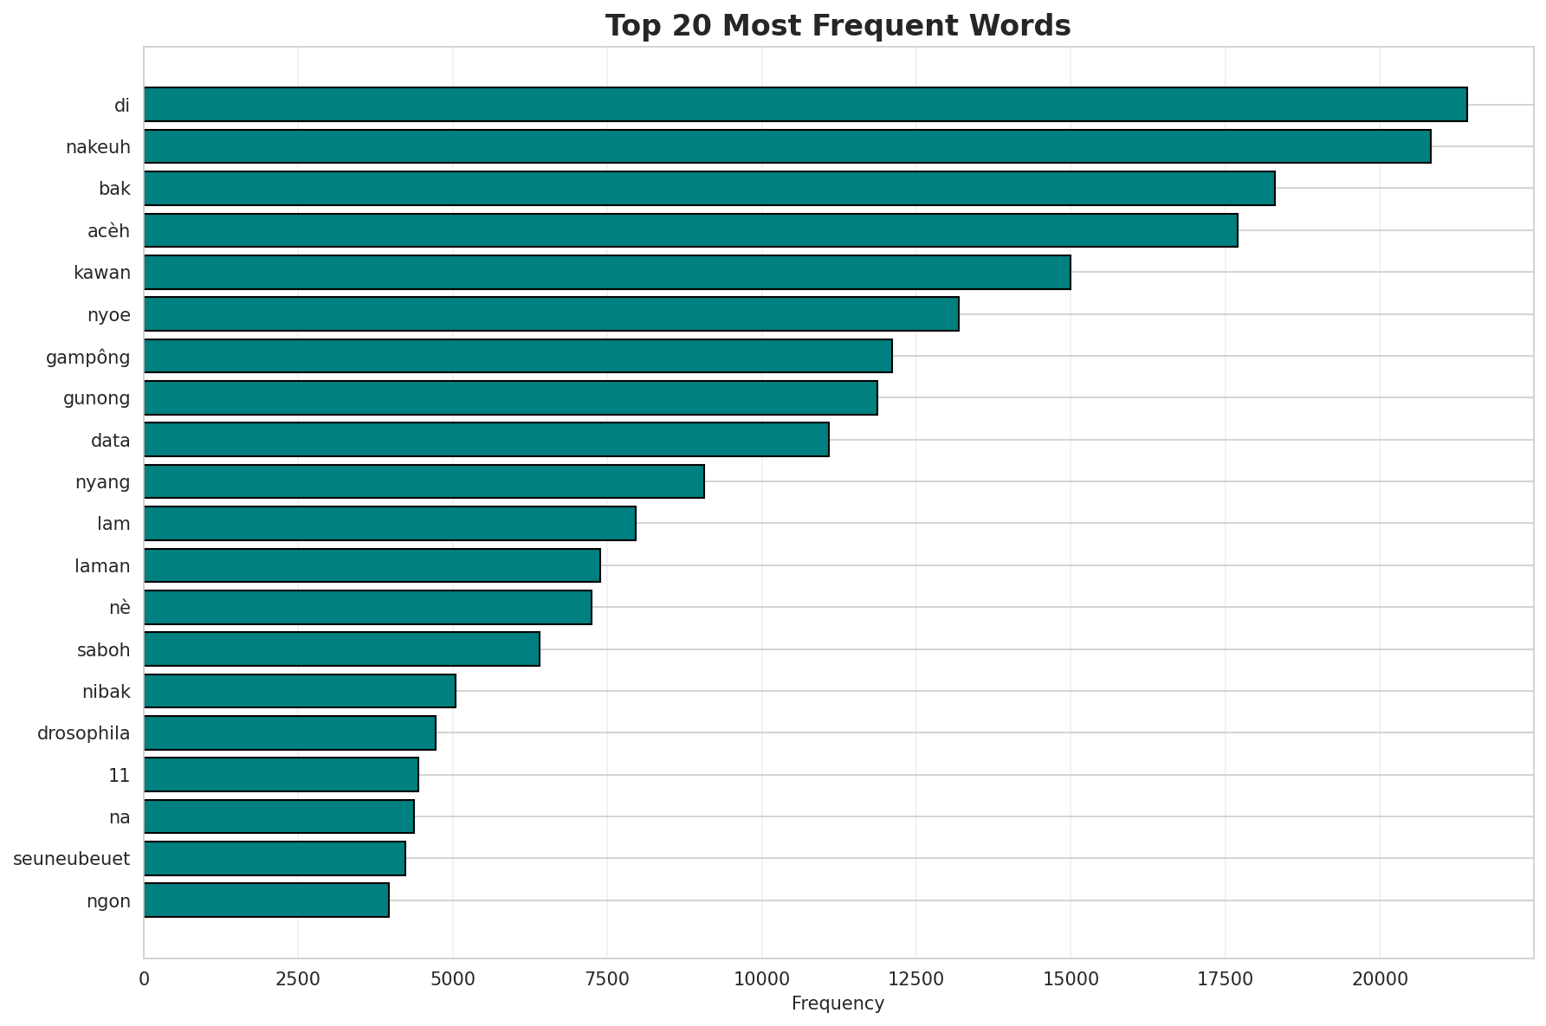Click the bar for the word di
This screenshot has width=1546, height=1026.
point(805,105)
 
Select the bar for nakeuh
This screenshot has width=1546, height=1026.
point(787,146)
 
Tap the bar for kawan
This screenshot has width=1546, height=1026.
point(607,273)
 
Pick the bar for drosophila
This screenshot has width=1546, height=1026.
point(289,733)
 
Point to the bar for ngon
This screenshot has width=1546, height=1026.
point(266,900)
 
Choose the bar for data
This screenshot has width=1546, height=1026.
point(486,440)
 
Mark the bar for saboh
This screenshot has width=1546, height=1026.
point(341,649)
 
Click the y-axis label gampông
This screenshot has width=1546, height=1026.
point(87,357)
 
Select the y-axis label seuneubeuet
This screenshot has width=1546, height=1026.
point(71,859)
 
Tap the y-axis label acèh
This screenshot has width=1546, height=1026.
point(108,231)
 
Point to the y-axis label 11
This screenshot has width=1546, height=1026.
point(119,776)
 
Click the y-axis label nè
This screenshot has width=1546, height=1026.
point(120,608)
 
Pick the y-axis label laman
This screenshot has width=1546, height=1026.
point(102,566)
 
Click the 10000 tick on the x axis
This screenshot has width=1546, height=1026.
point(761,979)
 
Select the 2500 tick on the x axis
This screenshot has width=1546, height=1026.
point(298,979)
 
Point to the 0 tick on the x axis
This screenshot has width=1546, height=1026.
point(144,979)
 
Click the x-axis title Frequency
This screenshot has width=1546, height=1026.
point(838,1003)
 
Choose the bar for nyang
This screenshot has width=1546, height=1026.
point(424,481)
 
